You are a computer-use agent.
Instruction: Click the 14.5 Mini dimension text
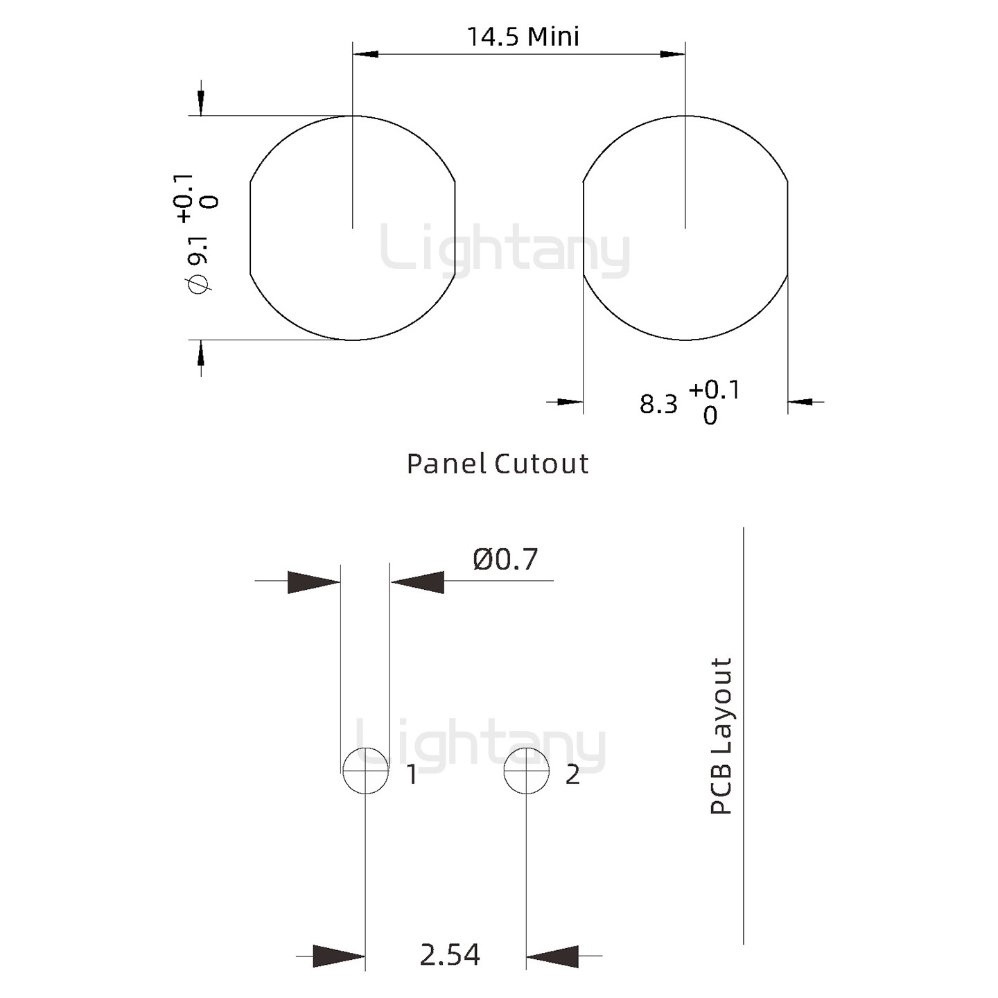pyautogui.click(x=523, y=37)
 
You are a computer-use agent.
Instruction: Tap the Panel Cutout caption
pyautogui.click(x=498, y=464)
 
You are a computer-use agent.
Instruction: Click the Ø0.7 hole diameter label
pyautogui.click(x=505, y=559)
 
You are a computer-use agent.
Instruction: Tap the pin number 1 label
pyautogui.click(x=412, y=775)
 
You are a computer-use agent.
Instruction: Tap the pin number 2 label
pyautogui.click(x=572, y=775)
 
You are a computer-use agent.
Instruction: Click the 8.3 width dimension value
pyautogui.click(x=658, y=405)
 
